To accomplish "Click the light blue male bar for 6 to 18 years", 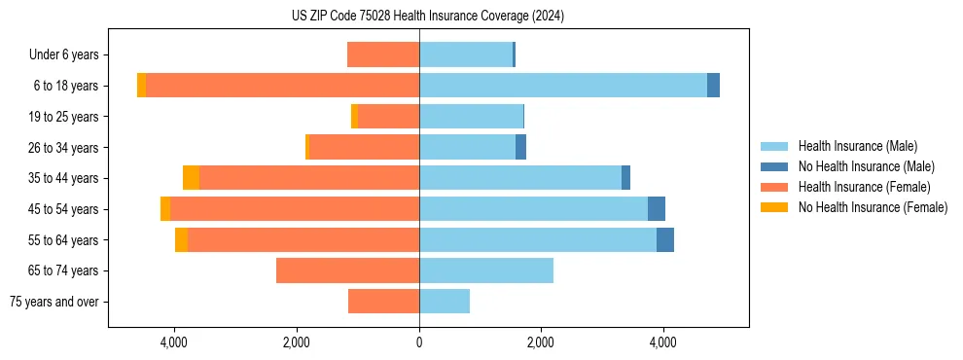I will (x=562, y=85).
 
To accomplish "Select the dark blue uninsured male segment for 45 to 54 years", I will (x=657, y=208).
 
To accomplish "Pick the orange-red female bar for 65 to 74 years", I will (x=347, y=270).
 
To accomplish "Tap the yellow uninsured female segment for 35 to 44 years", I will (x=191, y=177).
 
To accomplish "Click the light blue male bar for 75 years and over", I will (x=445, y=302).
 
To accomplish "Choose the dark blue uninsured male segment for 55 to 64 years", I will (x=665, y=239).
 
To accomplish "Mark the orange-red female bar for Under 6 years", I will (x=383, y=54).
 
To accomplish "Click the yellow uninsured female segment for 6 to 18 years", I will (x=141, y=85).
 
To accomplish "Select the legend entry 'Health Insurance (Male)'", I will (x=857, y=146).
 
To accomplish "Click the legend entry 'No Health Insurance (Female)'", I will (x=873, y=207).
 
